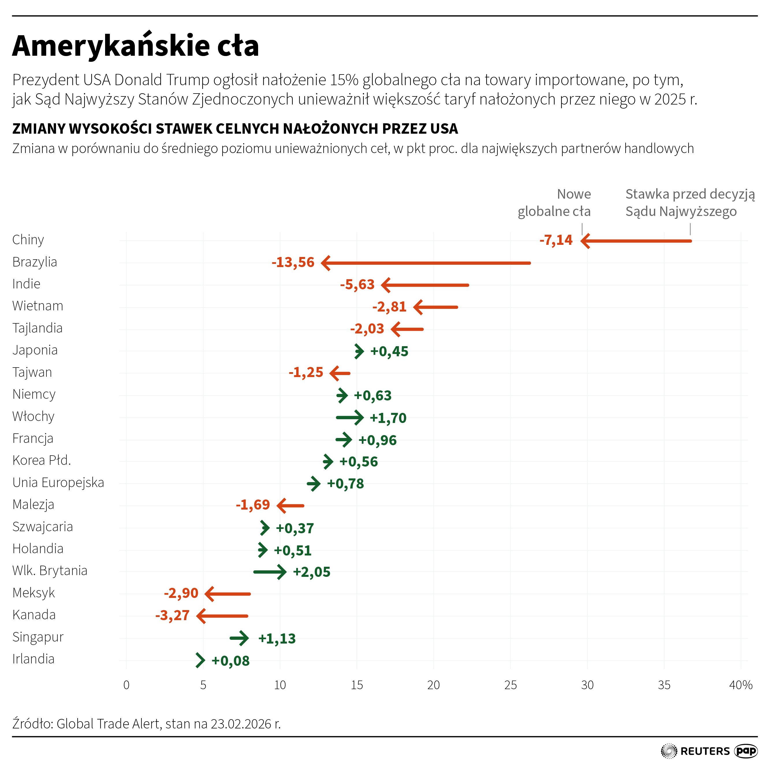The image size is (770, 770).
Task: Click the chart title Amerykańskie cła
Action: (135, 46)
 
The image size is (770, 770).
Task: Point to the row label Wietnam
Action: (38, 306)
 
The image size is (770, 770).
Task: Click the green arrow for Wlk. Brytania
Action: (270, 572)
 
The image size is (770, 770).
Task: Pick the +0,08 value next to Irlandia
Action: (230, 661)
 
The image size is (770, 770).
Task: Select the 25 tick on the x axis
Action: (510, 685)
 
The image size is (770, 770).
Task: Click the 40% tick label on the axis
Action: (741, 685)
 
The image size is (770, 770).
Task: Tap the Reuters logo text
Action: (705, 751)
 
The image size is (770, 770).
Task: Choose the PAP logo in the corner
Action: (746, 751)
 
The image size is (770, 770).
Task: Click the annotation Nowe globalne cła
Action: (554, 203)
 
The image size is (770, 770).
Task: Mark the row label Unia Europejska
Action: (58, 483)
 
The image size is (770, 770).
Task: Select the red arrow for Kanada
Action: (222, 616)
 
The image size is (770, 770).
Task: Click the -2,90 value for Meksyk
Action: (181, 593)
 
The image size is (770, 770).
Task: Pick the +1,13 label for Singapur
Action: (277, 638)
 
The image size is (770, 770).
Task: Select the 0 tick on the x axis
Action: (126, 685)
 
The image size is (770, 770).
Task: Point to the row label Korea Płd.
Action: (42, 460)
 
